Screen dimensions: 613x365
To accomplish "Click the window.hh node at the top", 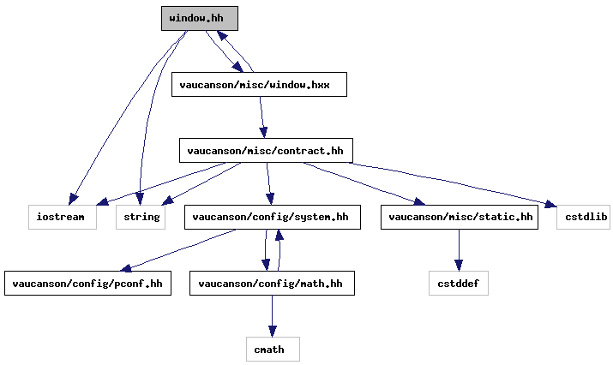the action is coord(200,18).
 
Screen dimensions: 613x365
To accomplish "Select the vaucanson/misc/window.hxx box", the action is coord(259,85).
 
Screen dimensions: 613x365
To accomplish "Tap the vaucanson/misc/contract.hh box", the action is coord(266,151).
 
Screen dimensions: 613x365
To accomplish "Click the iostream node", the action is coord(63,217).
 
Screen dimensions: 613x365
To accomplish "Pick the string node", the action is coord(141,217).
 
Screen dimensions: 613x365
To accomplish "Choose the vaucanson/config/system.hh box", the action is coord(273,217).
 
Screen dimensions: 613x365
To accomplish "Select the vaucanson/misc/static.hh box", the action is coord(460,217).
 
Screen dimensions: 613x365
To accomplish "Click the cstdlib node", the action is coord(584,217).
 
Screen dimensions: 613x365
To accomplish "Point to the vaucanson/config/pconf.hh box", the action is coord(88,283).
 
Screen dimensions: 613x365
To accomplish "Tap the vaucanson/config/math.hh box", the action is coord(272,283).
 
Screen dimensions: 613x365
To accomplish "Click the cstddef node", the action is coord(459,283).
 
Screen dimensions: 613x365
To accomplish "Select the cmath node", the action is coord(273,349).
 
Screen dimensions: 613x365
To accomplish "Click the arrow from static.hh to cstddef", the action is coord(459,250).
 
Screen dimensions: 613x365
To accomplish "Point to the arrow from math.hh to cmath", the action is coord(273,316).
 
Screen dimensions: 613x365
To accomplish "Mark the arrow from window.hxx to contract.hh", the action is coord(262,117).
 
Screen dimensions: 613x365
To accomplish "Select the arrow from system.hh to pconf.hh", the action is coord(177,250).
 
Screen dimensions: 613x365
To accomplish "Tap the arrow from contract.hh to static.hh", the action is coord(364,182).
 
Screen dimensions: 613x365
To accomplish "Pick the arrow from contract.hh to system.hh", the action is coord(269,183).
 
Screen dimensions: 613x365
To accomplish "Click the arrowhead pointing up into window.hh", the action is coord(222,36).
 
